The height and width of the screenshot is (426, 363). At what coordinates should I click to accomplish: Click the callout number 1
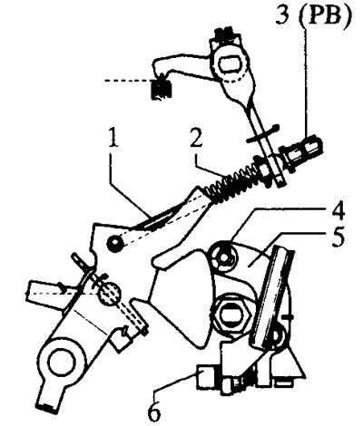click(x=113, y=138)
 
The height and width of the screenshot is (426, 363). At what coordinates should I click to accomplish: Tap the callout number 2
click(x=196, y=138)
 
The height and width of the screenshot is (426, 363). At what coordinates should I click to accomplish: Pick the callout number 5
click(x=338, y=237)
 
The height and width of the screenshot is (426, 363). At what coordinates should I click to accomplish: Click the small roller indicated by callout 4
click(x=224, y=256)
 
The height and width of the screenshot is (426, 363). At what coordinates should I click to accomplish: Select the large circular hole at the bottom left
click(x=63, y=363)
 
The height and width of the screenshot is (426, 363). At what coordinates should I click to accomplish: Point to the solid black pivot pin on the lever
click(x=115, y=243)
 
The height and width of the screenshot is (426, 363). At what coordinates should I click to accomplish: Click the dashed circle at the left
click(x=109, y=293)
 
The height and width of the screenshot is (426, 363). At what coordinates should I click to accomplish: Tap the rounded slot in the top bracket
click(x=231, y=65)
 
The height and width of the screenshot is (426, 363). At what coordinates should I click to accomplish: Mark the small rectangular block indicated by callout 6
click(x=207, y=376)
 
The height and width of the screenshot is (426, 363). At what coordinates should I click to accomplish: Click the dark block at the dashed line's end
click(x=162, y=89)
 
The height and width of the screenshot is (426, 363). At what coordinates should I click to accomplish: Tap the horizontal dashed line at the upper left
click(x=128, y=81)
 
